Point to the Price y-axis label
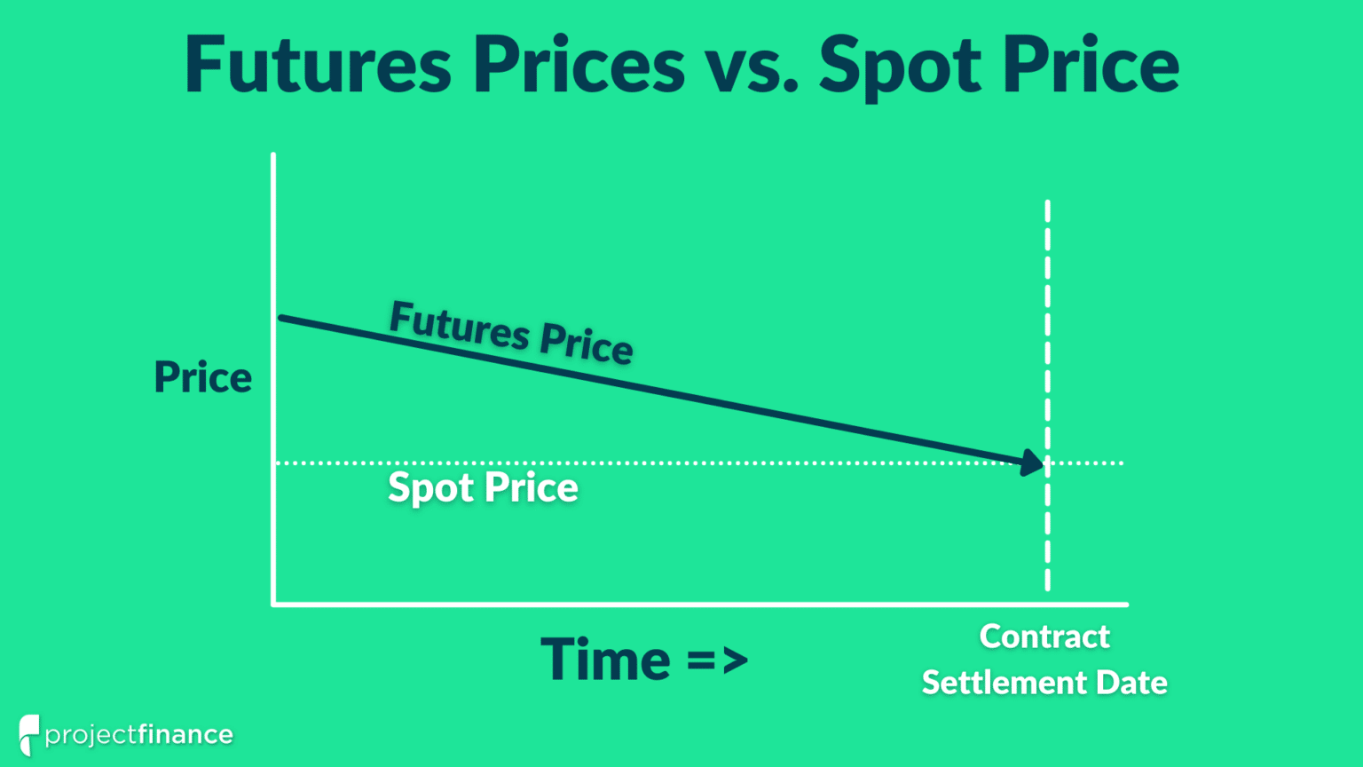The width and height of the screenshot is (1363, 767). tap(202, 377)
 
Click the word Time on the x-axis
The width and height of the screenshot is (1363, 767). tap(605, 660)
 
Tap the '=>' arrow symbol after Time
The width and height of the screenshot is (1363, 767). tap(717, 660)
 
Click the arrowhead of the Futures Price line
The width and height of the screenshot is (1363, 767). tap(1033, 462)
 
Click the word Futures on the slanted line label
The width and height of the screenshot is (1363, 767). tap(459, 325)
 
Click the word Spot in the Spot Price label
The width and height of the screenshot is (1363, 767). tap(429, 488)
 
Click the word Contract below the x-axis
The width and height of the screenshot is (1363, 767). tap(1044, 637)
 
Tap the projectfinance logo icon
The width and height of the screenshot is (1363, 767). tap(28, 733)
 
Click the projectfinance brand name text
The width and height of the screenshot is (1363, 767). tap(139, 735)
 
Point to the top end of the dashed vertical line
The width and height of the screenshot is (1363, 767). tap(1048, 204)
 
